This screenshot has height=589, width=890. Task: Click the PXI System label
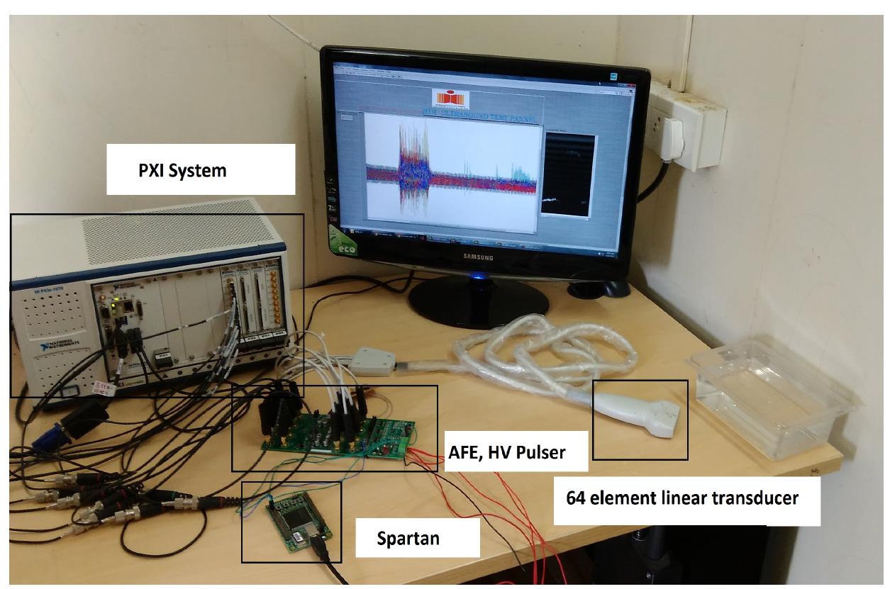[x=182, y=171]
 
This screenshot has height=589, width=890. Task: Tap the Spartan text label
[x=407, y=538]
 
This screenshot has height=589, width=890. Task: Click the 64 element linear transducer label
[x=682, y=498]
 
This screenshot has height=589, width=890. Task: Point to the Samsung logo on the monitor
[x=478, y=257]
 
